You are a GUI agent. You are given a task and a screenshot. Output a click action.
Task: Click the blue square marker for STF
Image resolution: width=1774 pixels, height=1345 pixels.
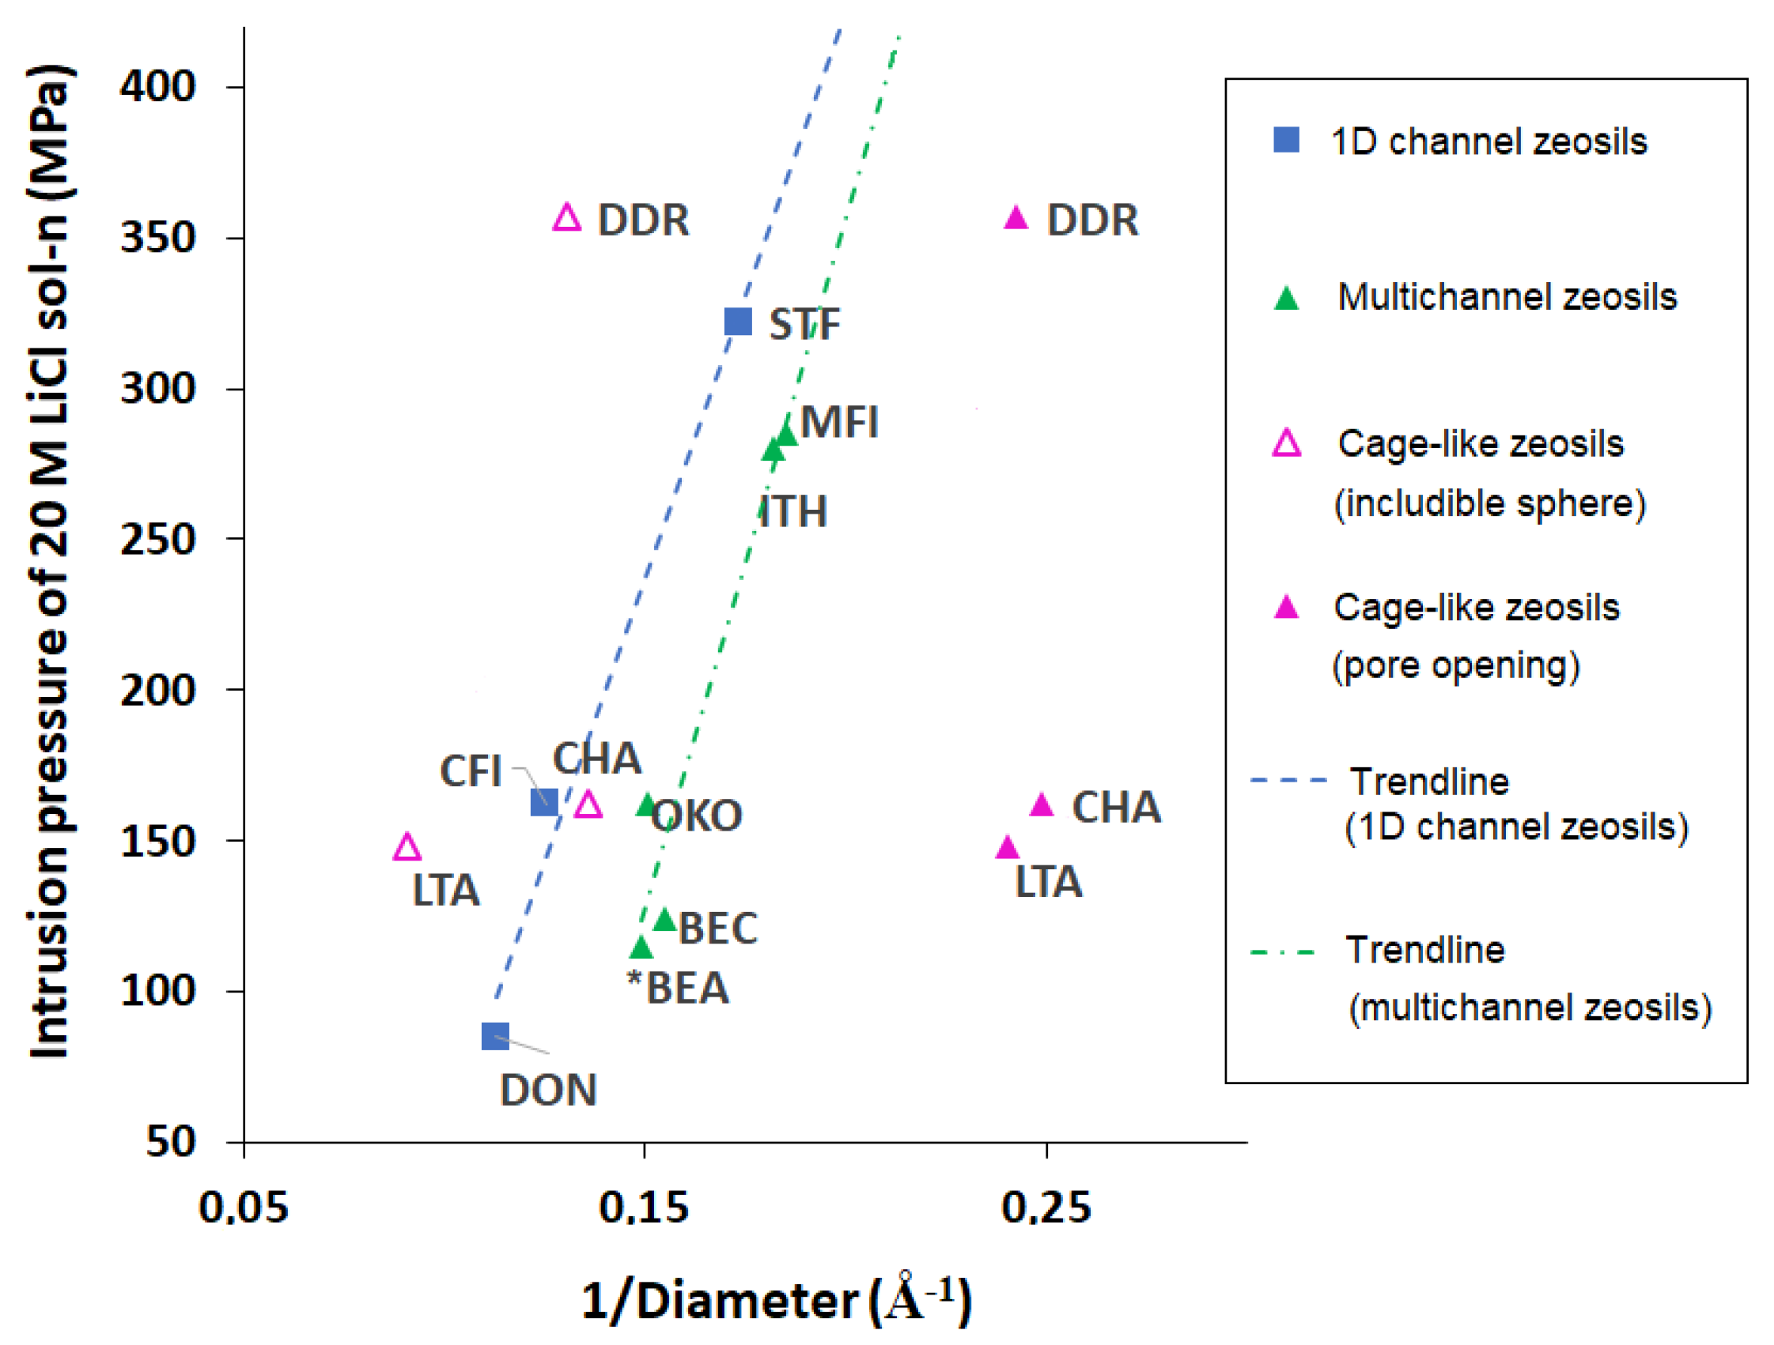pyautogui.click(x=738, y=322)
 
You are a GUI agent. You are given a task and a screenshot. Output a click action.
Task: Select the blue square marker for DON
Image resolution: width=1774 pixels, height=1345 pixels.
pyautogui.click(x=495, y=1036)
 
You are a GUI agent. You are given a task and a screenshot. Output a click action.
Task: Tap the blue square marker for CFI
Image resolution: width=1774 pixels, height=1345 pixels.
pyautogui.click(x=545, y=802)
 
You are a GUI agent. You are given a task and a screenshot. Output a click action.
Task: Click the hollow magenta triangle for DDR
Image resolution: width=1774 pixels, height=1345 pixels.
pyautogui.click(x=567, y=218)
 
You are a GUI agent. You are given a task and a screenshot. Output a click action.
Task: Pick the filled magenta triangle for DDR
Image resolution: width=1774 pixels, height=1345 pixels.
pyautogui.click(x=1016, y=218)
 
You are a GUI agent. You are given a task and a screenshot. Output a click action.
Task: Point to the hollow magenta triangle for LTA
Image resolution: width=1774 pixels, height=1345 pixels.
pyautogui.click(x=407, y=847)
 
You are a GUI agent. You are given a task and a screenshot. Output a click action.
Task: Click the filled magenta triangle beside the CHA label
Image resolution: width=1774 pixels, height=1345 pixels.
pyautogui.click(x=1041, y=804)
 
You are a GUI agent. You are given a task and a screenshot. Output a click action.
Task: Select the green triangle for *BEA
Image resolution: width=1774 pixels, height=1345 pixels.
pyautogui.click(x=641, y=948)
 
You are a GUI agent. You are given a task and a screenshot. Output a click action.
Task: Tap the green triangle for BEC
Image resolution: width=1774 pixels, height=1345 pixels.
pyautogui.click(x=665, y=919)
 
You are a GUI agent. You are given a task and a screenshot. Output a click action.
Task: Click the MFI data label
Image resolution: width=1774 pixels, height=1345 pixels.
pyautogui.click(x=840, y=422)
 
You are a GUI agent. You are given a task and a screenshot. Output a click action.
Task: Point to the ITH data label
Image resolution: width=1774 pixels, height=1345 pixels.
pyautogui.click(x=792, y=511)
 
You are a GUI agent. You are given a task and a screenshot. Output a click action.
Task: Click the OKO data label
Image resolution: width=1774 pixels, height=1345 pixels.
pyautogui.click(x=697, y=816)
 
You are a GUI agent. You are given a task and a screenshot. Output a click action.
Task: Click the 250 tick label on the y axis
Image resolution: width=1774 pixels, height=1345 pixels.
pyautogui.click(x=157, y=539)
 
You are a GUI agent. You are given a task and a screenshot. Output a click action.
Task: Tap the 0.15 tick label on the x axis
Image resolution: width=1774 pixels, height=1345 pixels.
pyautogui.click(x=643, y=1207)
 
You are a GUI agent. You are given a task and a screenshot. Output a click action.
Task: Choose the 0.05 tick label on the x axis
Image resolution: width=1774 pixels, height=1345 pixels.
pyautogui.click(x=243, y=1207)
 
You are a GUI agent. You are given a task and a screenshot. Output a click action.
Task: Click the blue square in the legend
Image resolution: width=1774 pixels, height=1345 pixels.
pyautogui.click(x=1286, y=139)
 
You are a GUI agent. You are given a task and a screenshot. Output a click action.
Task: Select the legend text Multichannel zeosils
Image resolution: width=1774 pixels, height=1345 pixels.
pyautogui.click(x=1507, y=296)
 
